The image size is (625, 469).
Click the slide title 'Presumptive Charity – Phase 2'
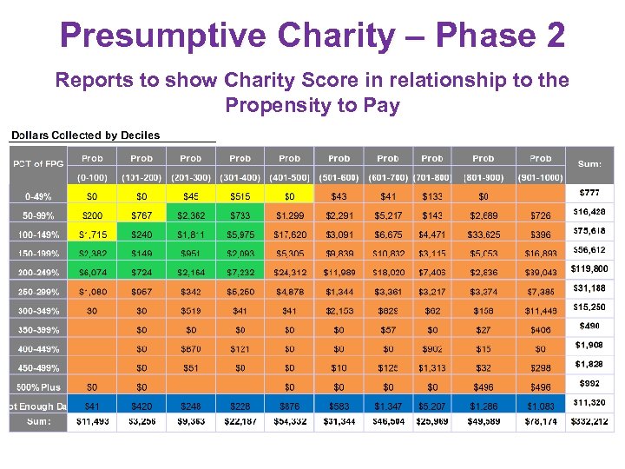point(312,36)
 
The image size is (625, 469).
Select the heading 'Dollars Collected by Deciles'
point(85,135)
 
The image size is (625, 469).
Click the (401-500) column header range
point(290,178)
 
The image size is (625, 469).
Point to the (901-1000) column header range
point(540,178)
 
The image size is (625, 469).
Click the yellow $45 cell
point(191,196)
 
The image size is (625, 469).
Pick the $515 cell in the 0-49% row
point(240,196)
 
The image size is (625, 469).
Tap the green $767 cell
point(141,215)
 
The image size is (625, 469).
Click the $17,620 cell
point(290,234)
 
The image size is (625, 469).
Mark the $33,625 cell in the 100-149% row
point(484,234)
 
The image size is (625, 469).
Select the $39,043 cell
point(540,272)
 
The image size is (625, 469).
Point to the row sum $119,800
point(589,269)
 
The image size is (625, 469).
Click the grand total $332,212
point(589,422)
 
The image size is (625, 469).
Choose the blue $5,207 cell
point(432,406)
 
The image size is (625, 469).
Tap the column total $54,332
point(290,422)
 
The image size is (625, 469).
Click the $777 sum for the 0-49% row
point(589,192)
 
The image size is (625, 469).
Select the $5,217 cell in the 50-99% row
point(388,215)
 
